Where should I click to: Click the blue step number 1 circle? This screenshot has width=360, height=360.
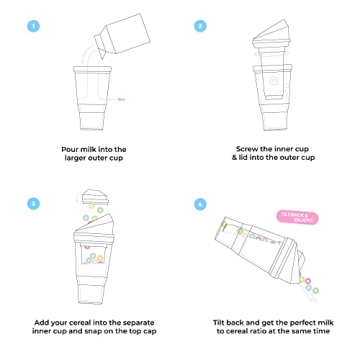coord(34,25)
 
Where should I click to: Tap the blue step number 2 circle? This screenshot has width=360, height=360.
coord(201,25)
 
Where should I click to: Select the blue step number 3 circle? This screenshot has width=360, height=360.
coord(34,203)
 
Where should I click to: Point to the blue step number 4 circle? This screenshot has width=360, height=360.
coord(201,203)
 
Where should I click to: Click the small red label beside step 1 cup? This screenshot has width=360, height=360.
coord(122,99)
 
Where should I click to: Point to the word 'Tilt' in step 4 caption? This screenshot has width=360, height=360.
coord(221,324)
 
